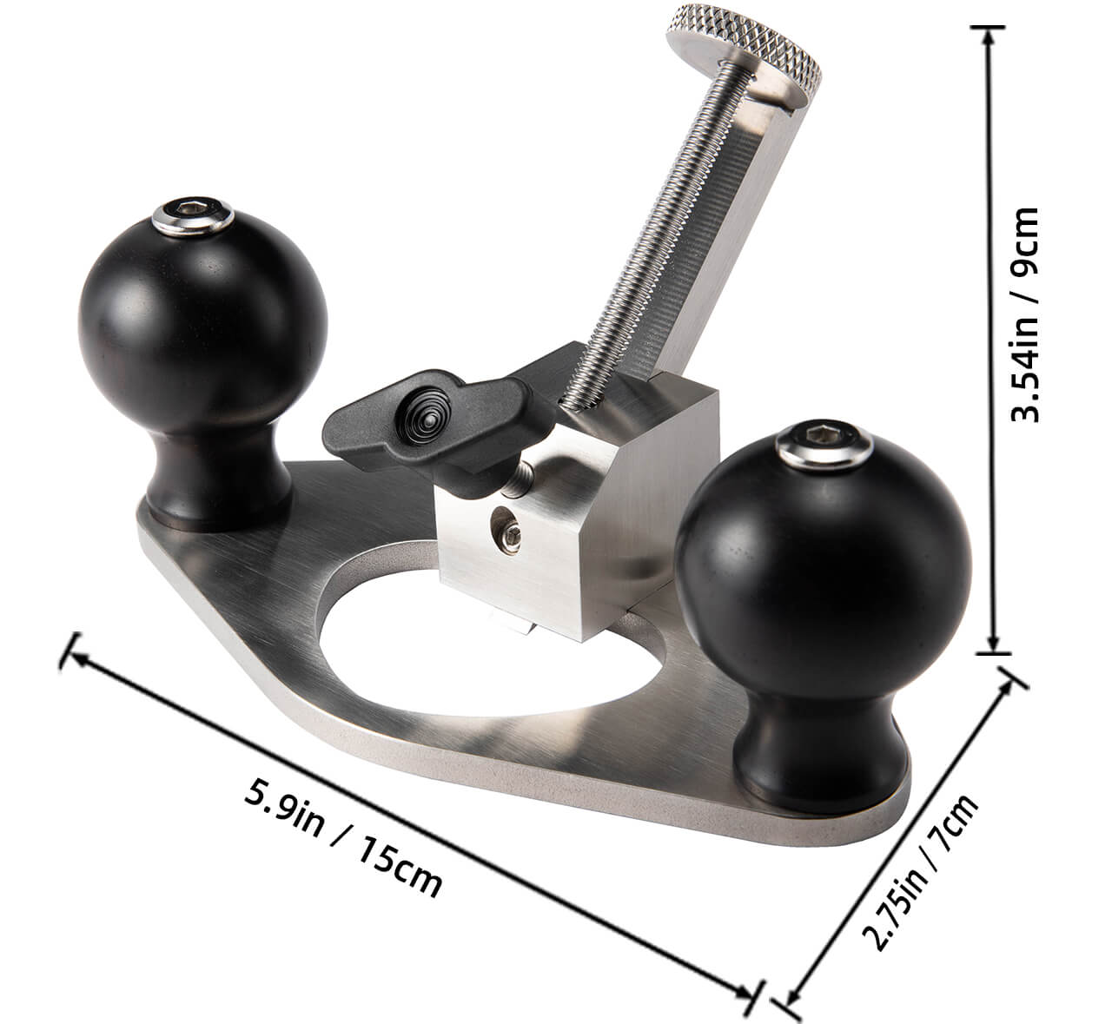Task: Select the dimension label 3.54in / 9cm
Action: point(1030,314)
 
